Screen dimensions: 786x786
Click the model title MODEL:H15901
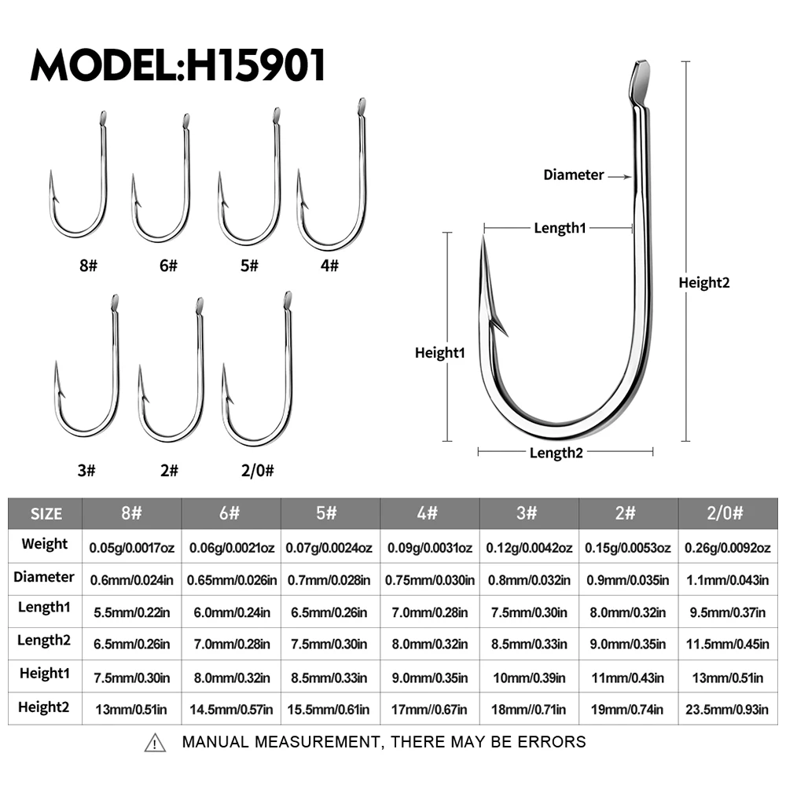178,64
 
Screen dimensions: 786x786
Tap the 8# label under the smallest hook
88,265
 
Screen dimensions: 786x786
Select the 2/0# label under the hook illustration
258,470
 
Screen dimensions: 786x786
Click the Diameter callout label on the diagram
574,175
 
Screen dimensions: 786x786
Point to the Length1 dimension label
560,228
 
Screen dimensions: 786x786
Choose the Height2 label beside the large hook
703,283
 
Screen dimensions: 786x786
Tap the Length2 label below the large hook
556,453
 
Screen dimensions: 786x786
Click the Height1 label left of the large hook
439,353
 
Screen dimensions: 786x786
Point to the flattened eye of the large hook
640,82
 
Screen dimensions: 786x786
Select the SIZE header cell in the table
46,514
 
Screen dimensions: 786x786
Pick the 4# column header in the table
428,513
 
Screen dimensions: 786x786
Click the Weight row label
45,544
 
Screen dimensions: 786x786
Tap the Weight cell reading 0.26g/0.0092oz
727,547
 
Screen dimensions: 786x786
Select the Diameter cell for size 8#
132,580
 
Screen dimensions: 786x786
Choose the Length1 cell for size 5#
329,612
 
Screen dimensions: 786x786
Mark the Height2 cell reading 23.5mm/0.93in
727,709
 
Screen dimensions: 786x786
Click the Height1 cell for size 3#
529,678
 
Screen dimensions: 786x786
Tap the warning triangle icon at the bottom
155,743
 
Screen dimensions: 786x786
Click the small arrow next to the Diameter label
620,176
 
